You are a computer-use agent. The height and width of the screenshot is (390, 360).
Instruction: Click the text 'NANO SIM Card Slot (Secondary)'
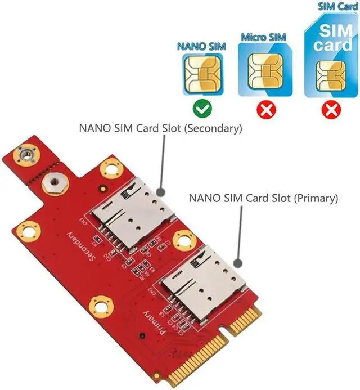click(160, 128)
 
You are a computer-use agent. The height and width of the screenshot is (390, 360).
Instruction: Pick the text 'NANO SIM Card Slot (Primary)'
click(263, 198)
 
